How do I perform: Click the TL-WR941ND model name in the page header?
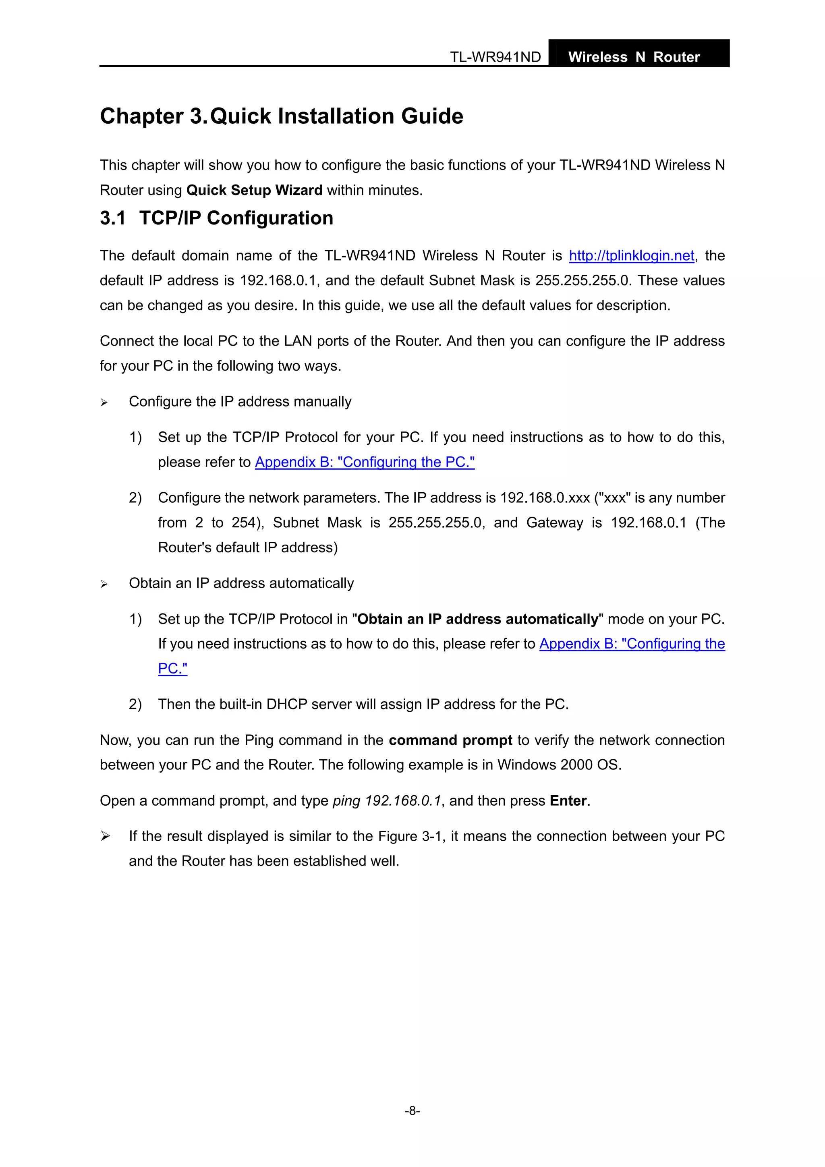[495, 57]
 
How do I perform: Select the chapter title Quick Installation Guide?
[336, 116]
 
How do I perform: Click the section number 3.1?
[112, 218]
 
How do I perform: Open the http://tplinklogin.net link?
[631, 256]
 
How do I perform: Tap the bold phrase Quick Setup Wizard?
[254, 191]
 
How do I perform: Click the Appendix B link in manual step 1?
[365, 462]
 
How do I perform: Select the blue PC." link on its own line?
[172, 668]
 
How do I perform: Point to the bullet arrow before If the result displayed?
[105, 836]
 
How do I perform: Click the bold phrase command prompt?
[450, 740]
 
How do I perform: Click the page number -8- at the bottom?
[412, 1111]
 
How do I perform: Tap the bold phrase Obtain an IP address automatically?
[478, 619]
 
